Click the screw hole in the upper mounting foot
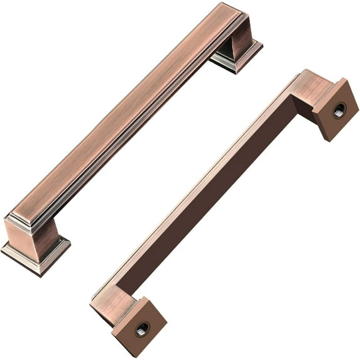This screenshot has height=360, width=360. coord(338,110)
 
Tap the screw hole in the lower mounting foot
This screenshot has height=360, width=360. coord(142,328)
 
